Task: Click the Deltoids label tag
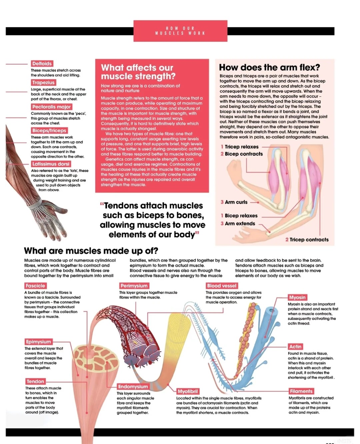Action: point(42,63)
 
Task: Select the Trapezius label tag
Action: point(43,82)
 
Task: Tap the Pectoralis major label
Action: point(51,107)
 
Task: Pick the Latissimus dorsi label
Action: point(51,164)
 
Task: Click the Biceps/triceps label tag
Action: point(49,130)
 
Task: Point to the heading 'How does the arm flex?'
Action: point(269,67)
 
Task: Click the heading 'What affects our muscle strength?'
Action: point(138,72)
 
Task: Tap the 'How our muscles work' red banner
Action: point(180,31)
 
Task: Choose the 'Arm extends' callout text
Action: point(240,224)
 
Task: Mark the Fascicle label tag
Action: point(35,286)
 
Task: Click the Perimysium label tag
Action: point(134,286)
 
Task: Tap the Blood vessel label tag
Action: point(222,286)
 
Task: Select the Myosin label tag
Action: point(297,297)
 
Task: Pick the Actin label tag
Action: point(295,347)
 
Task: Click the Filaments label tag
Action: point(301,391)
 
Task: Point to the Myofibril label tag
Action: point(188,391)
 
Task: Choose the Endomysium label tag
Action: point(133,387)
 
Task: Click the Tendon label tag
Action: point(35,381)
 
